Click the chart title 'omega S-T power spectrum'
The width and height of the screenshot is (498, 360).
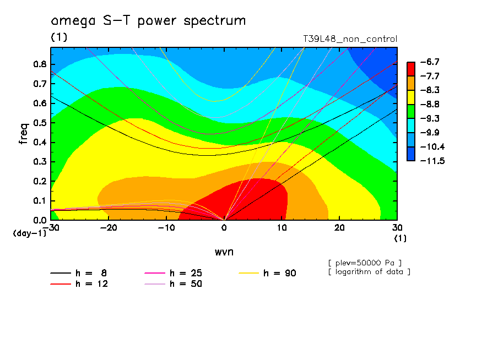(x=148, y=21)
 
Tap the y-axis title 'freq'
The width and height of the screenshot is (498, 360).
(x=24, y=134)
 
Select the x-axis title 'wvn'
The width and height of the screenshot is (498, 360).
(x=224, y=252)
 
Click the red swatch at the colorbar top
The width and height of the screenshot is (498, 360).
(x=410, y=69)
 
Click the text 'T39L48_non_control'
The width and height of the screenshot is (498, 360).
(x=350, y=39)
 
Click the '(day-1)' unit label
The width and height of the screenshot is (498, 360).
(x=29, y=233)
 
